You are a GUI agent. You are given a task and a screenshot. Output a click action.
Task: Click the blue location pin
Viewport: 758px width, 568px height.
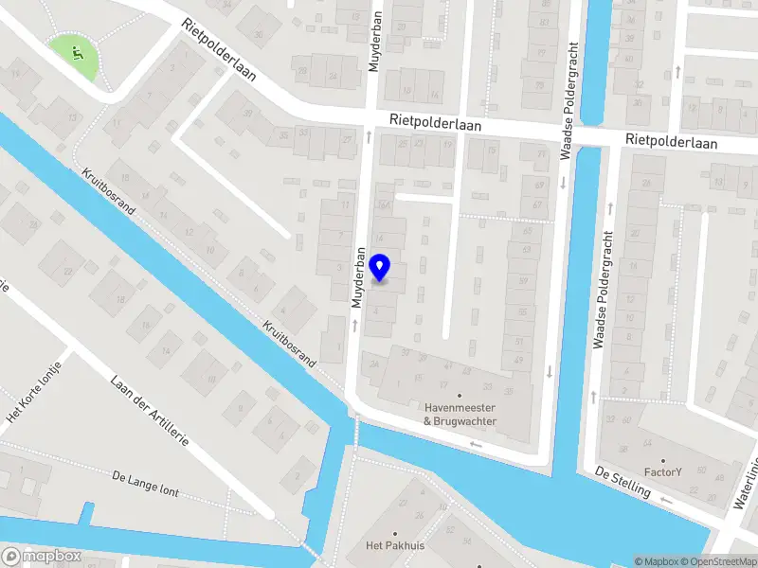coord(381,268)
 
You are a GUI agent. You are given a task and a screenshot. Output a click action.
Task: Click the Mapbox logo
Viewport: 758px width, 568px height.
coord(41,557)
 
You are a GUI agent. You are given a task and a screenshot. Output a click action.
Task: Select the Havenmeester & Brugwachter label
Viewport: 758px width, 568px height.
coord(460,415)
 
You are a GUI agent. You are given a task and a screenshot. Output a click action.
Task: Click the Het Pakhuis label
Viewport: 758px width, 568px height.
coord(393,546)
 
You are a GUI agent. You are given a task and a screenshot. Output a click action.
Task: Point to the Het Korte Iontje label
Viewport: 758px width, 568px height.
coord(33,390)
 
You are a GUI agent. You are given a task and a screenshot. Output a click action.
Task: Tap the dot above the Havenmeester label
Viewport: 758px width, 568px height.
coord(460,395)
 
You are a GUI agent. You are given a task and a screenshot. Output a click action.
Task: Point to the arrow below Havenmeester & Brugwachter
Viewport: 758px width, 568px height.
coord(476,444)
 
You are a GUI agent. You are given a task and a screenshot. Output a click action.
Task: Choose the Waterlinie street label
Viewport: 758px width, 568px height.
coord(745,484)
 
